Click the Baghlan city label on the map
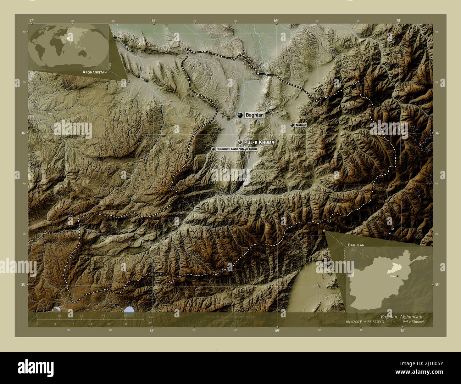click(x=254, y=115)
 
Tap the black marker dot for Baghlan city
click(x=240, y=115)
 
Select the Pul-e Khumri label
click(x=260, y=142)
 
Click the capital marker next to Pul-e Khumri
click(x=240, y=142)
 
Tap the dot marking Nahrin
click(x=292, y=125)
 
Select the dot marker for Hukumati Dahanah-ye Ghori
click(x=213, y=149)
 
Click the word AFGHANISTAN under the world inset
click(x=94, y=72)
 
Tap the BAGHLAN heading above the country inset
click(x=356, y=245)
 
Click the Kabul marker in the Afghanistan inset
click(x=398, y=276)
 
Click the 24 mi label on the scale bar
click(x=90, y=324)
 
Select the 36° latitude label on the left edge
click(x=24, y=133)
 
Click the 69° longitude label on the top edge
click(x=276, y=21)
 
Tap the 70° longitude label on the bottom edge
click(x=402, y=331)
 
